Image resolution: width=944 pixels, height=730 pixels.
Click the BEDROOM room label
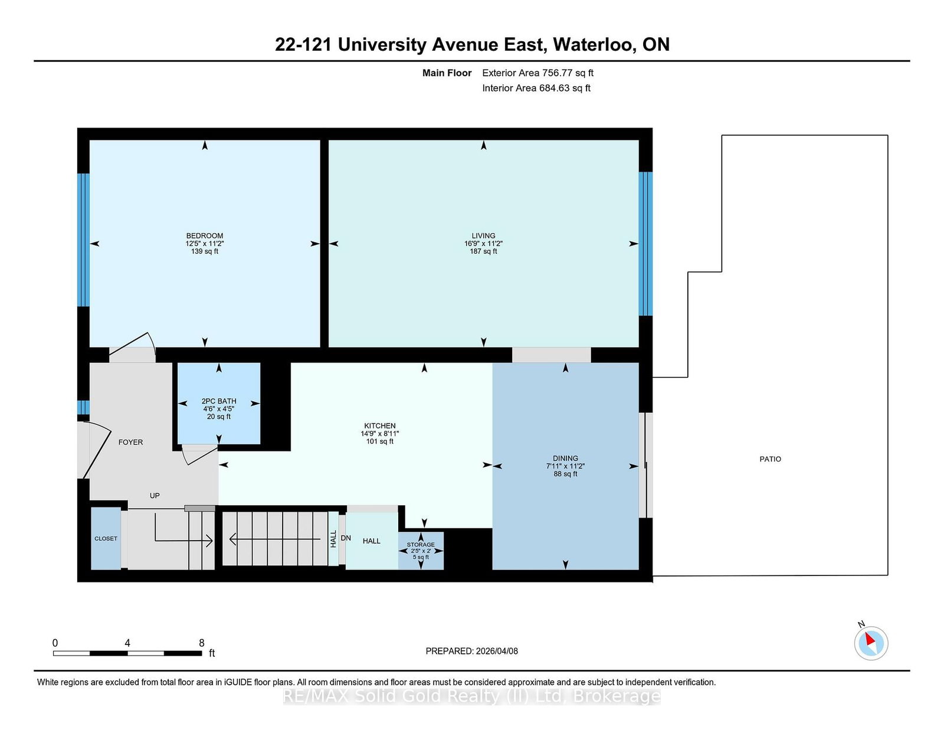[205, 235]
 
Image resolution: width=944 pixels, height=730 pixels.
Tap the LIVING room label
[483, 235]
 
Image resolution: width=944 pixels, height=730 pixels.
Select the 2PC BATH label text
[219, 401]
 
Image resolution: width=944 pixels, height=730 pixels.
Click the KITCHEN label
[379, 425]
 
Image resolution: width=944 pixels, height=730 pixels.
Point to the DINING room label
[565, 458]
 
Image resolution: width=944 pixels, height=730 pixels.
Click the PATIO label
[770, 459]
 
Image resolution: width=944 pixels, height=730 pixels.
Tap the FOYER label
[130, 442]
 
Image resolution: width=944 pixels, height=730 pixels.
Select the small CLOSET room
[106, 538]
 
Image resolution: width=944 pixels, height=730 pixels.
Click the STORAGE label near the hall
[421, 545]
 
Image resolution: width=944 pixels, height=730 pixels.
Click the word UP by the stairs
[155, 496]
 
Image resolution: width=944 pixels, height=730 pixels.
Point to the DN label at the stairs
[346, 538]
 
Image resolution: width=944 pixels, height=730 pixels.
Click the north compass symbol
[871, 643]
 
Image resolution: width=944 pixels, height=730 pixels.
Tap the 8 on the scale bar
[202, 643]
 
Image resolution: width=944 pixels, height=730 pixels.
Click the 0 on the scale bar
[55, 643]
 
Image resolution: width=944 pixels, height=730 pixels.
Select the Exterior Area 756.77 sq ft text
[537, 73]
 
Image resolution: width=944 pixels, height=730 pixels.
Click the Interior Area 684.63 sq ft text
[536, 88]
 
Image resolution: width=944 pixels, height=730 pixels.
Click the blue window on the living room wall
[646, 244]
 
